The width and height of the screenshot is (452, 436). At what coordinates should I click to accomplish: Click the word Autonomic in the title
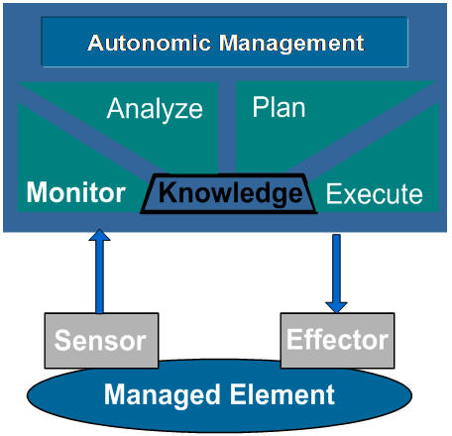[149, 43]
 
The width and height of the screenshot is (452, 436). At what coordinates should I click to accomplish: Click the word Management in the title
[291, 44]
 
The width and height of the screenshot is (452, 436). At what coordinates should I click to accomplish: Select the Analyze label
[155, 109]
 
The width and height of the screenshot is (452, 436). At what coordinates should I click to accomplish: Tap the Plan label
[279, 107]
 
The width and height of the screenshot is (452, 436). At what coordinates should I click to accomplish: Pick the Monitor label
[76, 192]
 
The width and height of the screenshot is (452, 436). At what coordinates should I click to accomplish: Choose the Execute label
[375, 194]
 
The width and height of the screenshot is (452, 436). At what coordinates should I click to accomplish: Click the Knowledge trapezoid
[229, 193]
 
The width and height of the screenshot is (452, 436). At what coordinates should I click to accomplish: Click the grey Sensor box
[101, 340]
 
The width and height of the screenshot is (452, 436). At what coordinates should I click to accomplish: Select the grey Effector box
[337, 340]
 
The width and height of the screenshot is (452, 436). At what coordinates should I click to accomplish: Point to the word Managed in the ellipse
[163, 395]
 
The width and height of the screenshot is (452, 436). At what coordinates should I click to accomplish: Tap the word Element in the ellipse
[282, 394]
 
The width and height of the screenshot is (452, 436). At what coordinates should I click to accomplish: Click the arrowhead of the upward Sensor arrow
[99, 235]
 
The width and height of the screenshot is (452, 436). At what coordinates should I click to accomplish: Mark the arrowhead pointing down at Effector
[336, 307]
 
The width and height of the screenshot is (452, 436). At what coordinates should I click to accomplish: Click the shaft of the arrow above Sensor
[99, 276]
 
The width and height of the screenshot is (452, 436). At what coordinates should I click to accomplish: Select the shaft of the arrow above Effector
[336, 269]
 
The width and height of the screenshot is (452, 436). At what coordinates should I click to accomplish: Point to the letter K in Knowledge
[167, 192]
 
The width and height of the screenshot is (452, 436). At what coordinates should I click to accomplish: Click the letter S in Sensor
[62, 341]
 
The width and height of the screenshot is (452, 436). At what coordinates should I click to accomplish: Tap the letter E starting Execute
[333, 194]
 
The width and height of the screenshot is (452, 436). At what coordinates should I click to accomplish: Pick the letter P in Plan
[260, 107]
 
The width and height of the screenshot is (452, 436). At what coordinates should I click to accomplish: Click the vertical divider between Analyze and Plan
[227, 127]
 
